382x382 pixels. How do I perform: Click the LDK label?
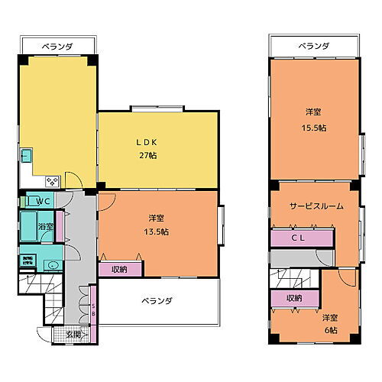tap(147, 142)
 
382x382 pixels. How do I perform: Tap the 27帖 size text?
tap(148, 155)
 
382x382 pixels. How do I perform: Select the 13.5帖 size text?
tap(158, 231)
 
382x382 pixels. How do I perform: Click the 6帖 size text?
tap(329, 329)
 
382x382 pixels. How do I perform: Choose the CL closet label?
tap(302, 238)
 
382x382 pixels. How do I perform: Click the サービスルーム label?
tap(316, 206)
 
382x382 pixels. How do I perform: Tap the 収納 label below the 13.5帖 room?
tap(119, 269)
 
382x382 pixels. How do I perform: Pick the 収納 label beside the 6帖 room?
tap(293, 297)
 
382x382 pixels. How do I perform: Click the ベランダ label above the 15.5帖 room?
tap(313, 47)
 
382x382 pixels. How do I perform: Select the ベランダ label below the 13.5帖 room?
tap(157, 300)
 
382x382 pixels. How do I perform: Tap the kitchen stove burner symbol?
tap(53, 181)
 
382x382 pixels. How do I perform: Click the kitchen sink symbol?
tap(26, 157)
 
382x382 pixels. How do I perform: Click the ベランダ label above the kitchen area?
tap(57, 47)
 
